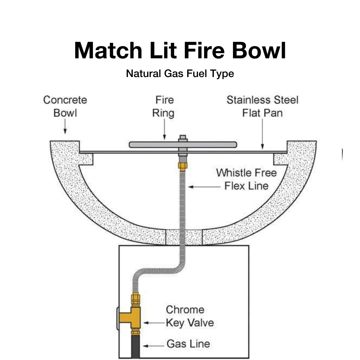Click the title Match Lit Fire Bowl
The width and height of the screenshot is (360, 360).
click(x=180, y=51)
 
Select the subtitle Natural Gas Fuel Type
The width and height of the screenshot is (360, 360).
click(x=180, y=74)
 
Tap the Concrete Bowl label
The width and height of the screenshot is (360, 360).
click(x=65, y=106)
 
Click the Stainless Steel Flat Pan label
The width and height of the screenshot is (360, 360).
click(x=262, y=106)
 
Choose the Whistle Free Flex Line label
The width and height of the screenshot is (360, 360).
click(x=247, y=179)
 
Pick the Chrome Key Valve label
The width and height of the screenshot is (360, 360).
click(x=190, y=316)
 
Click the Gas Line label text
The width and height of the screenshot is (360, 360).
click(x=188, y=344)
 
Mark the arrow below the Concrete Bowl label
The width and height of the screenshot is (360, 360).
click(x=65, y=127)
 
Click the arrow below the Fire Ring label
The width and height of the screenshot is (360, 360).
click(x=164, y=130)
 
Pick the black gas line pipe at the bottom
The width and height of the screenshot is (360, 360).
click(x=135, y=347)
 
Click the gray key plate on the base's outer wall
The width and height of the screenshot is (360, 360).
click(x=117, y=318)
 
